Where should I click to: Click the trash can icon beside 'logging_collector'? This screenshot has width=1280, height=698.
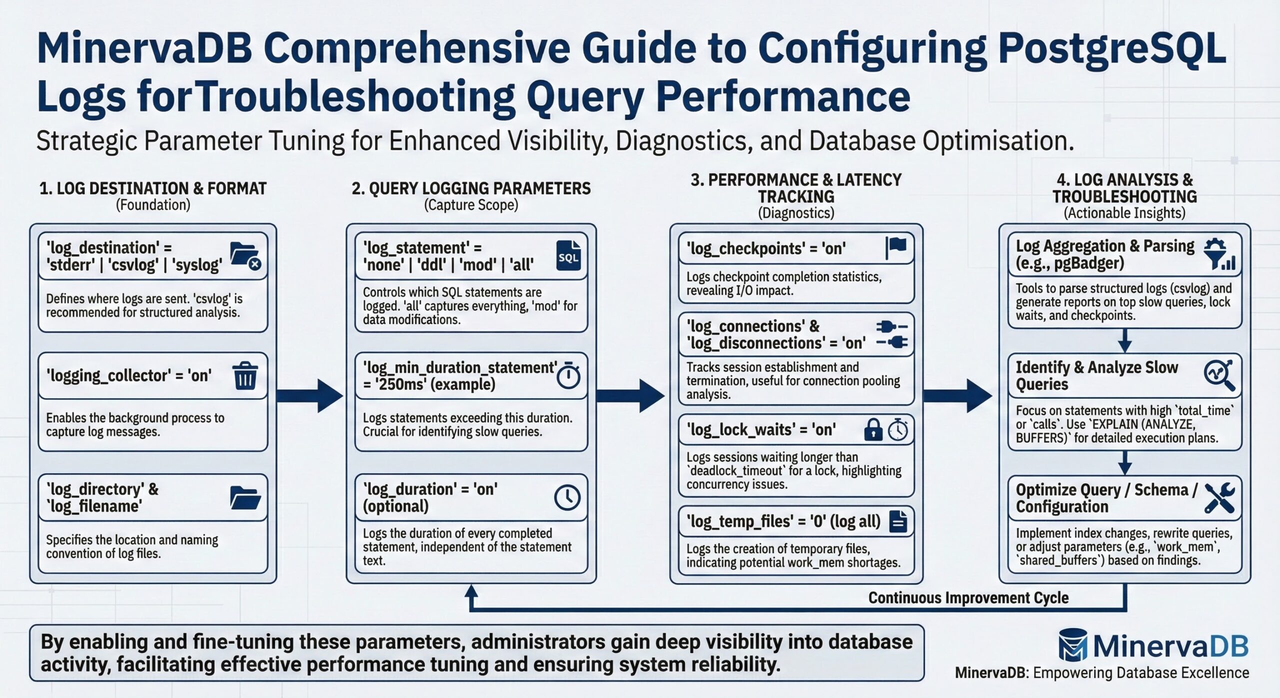point(245,376)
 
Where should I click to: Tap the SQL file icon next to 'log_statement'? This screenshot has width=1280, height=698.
point(568,255)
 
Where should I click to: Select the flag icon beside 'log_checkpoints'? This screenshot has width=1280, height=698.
point(896,247)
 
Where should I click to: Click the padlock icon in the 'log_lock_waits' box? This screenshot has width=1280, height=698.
point(873,429)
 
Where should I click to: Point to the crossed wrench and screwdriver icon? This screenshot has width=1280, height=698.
point(1219,497)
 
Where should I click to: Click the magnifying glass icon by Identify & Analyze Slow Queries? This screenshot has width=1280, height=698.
point(1219,375)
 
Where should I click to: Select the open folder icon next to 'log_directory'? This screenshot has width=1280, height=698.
point(245,497)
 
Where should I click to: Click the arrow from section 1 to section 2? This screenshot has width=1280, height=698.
point(310,395)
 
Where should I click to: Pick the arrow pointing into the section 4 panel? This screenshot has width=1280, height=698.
point(957,395)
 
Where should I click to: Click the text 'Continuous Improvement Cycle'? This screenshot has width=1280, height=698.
point(968,597)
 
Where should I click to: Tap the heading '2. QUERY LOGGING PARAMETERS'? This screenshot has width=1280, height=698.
point(471,188)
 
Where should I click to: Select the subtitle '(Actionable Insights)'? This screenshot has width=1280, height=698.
point(1124,213)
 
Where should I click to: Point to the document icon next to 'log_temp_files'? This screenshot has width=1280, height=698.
point(898,521)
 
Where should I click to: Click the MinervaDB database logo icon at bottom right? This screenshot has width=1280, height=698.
point(1073,645)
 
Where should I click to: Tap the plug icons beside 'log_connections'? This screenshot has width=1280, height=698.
point(892,334)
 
